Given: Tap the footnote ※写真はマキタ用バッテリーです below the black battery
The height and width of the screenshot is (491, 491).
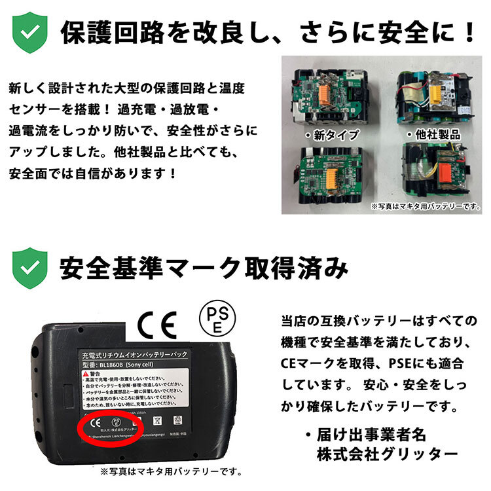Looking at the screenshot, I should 172,471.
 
